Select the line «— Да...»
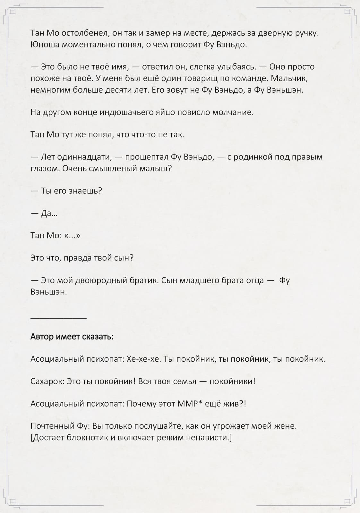[44, 214]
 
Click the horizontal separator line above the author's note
[58, 318]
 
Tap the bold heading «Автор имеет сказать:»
[72, 337]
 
